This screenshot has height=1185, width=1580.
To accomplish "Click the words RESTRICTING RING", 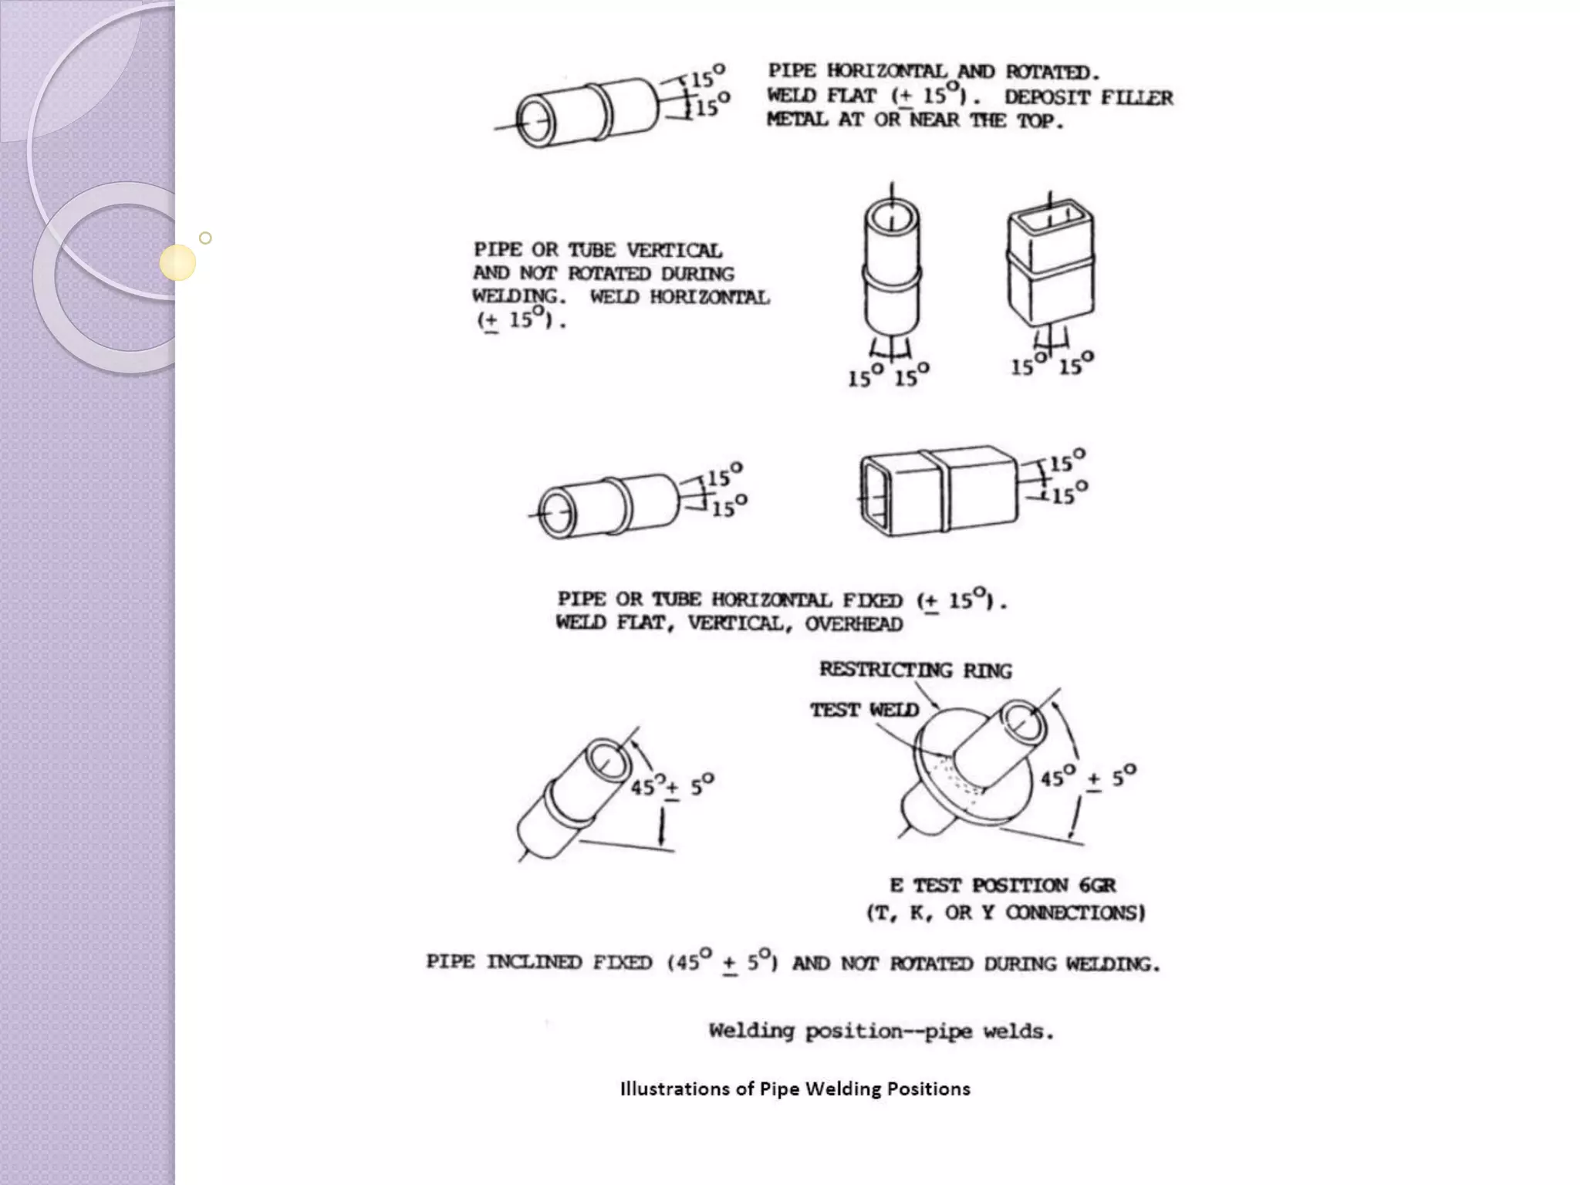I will coord(915,670).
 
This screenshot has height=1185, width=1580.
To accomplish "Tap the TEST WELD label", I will coord(864,710).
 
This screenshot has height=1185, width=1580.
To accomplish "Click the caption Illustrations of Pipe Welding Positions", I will coord(795,1089).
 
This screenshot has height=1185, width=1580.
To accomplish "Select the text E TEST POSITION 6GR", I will coord(1002,885).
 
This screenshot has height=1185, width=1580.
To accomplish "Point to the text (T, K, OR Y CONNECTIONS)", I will coord(1005,913).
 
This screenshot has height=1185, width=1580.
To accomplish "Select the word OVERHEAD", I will coord(853,624).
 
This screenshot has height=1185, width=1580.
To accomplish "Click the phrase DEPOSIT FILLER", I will coord(1089,97).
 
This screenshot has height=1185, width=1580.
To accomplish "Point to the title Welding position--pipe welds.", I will coord(881,1031).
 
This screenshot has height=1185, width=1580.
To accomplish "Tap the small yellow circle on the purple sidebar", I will coord(178,262).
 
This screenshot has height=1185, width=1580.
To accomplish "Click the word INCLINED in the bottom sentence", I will coord(534,963).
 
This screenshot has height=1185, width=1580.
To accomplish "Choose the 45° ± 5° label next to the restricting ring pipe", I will coord(1088,778).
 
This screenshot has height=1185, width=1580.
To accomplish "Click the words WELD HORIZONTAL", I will coord(680,297).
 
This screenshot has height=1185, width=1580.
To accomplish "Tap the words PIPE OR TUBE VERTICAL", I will coord(598,250).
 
